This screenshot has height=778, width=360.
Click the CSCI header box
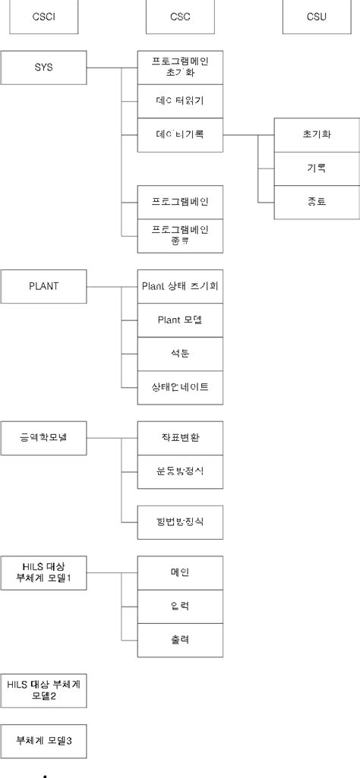click(x=43, y=17)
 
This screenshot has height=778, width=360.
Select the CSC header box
click(x=180, y=17)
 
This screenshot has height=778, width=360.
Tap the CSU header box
click(x=317, y=17)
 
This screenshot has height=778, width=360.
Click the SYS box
click(x=43, y=68)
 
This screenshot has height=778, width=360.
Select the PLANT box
click(x=43, y=286)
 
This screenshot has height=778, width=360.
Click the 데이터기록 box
click(x=180, y=134)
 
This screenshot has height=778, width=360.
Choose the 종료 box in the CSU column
click(x=316, y=203)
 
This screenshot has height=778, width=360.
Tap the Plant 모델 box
click(x=180, y=320)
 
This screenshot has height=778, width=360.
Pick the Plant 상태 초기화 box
click(x=180, y=286)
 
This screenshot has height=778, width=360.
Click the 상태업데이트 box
click(x=180, y=386)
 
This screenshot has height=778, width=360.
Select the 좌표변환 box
click(x=180, y=438)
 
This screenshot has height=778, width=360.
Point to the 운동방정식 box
click(x=180, y=471)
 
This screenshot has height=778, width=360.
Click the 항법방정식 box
click(x=180, y=521)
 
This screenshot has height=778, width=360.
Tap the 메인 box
click(x=180, y=572)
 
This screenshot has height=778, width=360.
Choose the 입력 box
click(x=180, y=606)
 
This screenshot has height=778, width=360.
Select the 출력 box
click(x=180, y=639)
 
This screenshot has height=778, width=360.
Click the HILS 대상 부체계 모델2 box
click(x=43, y=690)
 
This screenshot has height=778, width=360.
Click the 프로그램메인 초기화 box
click(x=180, y=68)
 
